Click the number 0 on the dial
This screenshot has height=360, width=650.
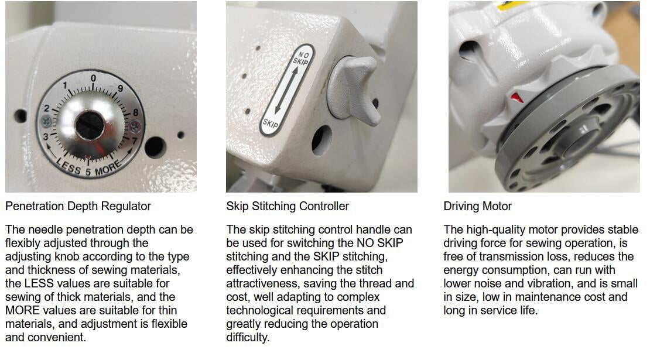click(93, 78)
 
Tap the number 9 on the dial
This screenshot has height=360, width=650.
click(120, 88)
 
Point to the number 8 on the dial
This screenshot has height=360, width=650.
click(135, 112)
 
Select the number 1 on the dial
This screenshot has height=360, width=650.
click(65, 85)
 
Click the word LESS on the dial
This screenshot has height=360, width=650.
click(69, 166)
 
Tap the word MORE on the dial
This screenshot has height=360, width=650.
click(108, 168)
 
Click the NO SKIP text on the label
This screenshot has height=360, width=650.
click(302, 59)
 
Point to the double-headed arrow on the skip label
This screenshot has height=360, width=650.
click(286, 90)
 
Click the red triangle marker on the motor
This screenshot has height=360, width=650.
click(516, 97)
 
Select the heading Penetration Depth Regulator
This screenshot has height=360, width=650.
click(78, 206)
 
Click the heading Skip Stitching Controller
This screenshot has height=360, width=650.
click(288, 206)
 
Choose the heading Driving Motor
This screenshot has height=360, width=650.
click(478, 206)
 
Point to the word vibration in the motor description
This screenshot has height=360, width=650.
click(550, 283)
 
